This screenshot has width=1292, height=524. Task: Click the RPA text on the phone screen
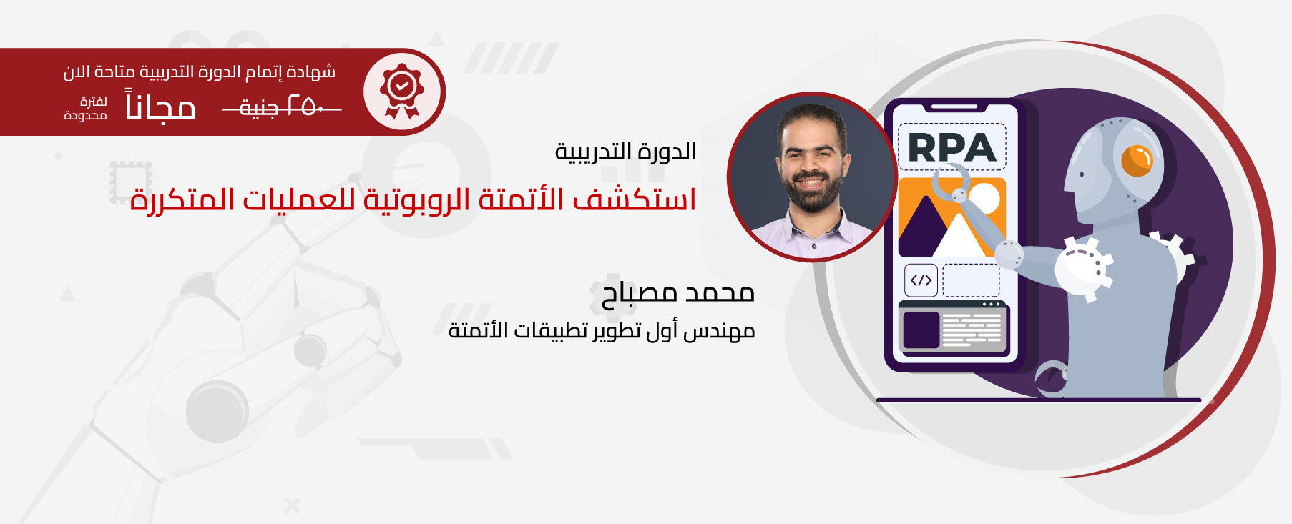[x=951, y=147]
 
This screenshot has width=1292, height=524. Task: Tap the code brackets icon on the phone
[x=921, y=280]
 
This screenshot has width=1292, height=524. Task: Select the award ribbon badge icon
[x=402, y=92]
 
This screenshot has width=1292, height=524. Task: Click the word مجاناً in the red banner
[x=160, y=105]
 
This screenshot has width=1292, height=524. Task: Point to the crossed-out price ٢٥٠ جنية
[x=282, y=107]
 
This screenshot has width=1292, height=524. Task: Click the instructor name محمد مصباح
[x=678, y=292]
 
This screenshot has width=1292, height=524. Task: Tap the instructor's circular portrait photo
[x=812, y=177]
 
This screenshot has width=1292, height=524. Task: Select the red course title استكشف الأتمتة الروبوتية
[x=413, y=199]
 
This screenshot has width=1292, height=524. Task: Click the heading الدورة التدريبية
[x=626, y=152]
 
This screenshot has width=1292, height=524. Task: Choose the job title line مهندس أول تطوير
[x=602, y=330]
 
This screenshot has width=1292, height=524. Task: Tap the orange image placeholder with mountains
[x=952, y=217]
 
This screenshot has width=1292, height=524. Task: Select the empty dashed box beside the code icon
[x=971, y=280]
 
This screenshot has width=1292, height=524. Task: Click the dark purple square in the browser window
[x=921, y=330]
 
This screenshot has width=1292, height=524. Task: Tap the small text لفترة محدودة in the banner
[x=86, y=109]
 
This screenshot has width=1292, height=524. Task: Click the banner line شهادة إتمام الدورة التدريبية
[x=200, y=72]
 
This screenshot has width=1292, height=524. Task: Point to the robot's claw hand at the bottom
[x=1051, y=377]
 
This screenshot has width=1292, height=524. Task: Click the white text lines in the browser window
[x=972, y=330]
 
